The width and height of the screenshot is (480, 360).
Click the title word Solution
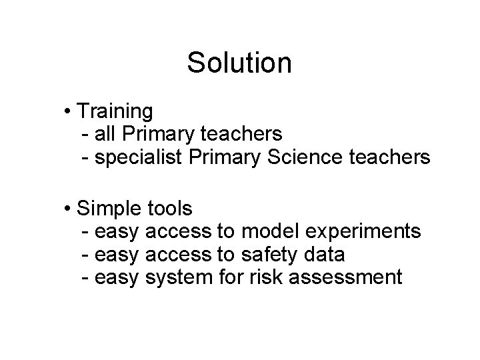tap(239, 63)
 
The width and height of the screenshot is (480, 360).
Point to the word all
tap(105, 133)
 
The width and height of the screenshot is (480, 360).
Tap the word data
tap(324, 255)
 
